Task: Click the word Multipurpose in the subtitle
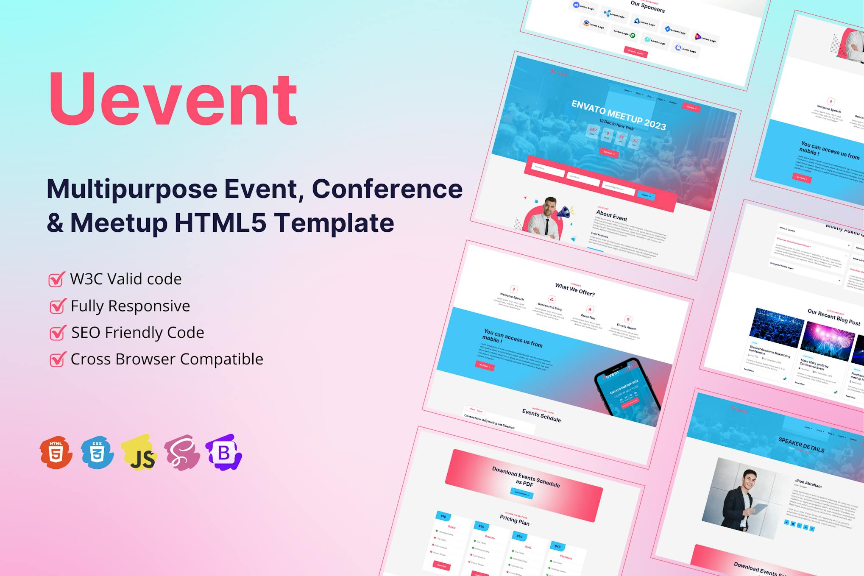(131, 189)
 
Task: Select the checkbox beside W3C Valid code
(56, 279)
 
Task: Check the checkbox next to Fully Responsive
(57, 306)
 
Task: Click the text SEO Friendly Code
(137, 333)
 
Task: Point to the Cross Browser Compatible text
(167, 359)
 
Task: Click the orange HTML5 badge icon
(56, 453)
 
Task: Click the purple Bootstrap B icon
(223, 453)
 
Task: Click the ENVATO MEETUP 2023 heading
(619, 115)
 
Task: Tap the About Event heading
(612, 215)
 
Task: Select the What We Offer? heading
(575, 290)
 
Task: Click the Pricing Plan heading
(514, 520)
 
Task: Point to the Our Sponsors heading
(647, 6)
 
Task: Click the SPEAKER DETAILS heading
(801, 445)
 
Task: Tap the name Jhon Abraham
(808, 484)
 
